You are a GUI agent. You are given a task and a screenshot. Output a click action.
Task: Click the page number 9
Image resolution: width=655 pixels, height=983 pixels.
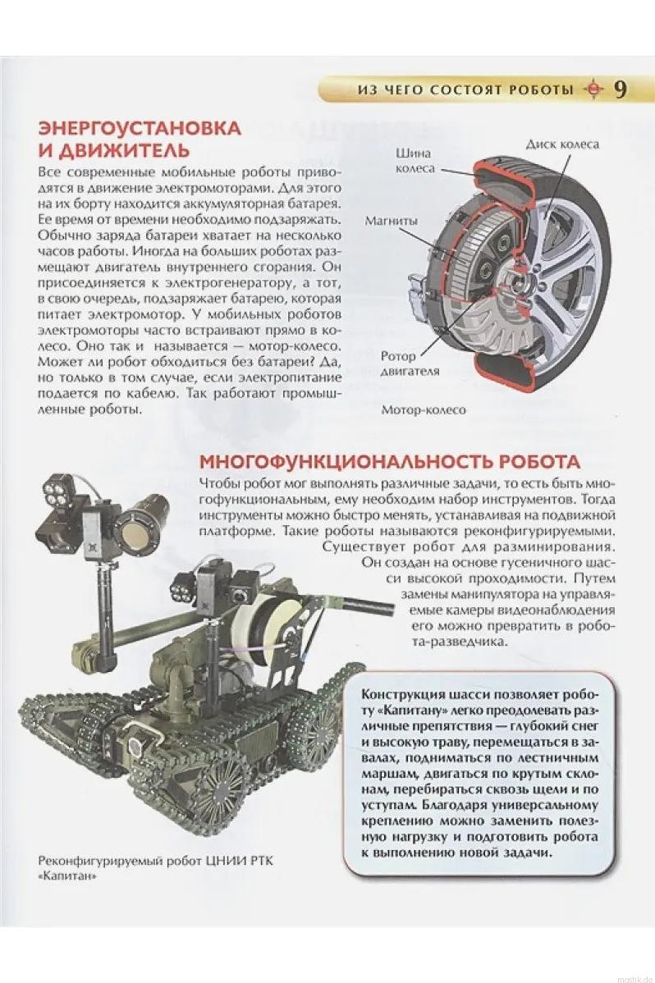(620, 89)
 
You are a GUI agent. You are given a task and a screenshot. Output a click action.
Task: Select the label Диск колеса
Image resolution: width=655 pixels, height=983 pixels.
(562, 144)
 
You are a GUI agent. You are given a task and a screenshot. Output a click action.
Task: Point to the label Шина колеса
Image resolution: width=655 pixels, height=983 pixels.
(415, 161)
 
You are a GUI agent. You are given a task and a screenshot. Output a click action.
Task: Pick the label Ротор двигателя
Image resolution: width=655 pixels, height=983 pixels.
(410, 363)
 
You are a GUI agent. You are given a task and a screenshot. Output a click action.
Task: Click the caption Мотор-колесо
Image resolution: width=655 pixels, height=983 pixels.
(424, 409)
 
